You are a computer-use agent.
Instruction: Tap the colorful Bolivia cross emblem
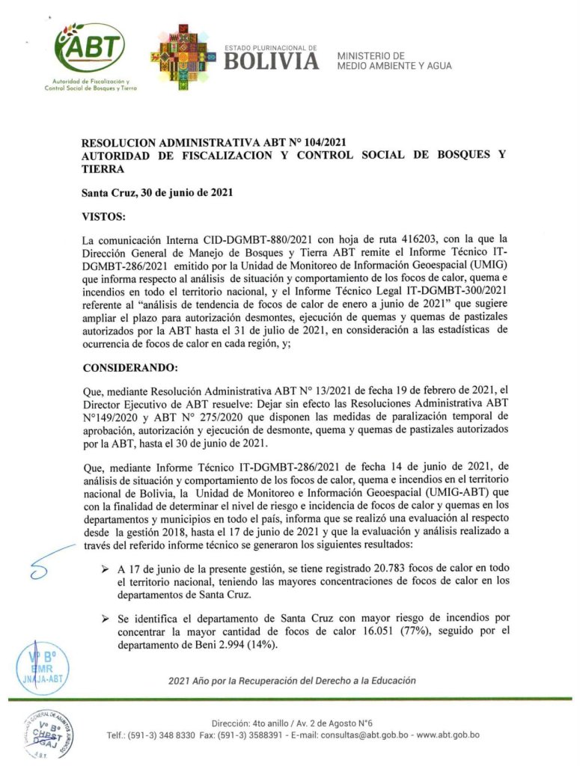pyautogui.click(x=180, y=55)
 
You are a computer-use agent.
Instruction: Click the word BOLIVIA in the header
pyautogui.click(x=271, y=62)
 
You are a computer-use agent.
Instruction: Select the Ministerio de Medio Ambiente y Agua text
pyautogui.click(x=394, y=61)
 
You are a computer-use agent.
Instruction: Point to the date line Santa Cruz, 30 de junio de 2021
pyautogui.click(x=156, y=192)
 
